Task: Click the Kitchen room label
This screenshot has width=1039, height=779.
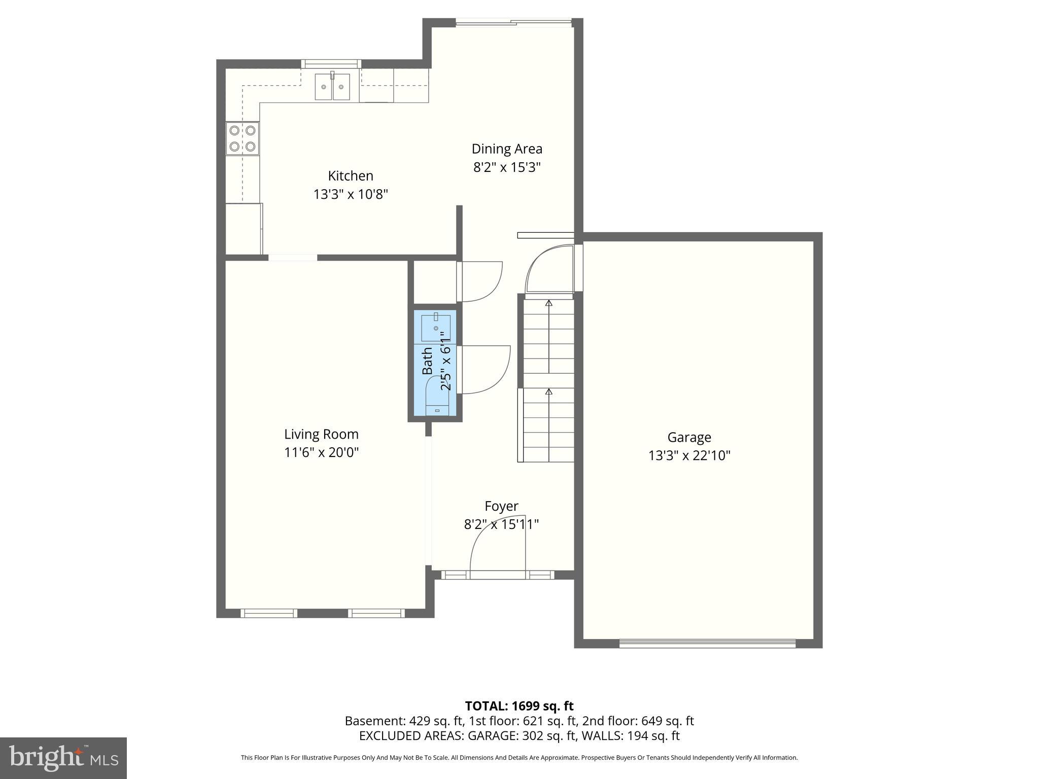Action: [350, 176]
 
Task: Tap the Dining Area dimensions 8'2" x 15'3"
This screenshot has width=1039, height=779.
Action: [507, 167]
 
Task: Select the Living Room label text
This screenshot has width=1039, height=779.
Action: [321, 434]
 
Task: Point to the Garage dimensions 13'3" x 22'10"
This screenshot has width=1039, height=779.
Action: [689, 455]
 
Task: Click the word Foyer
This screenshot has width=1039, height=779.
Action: [501, 506]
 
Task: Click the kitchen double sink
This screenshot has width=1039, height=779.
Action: [332, 87]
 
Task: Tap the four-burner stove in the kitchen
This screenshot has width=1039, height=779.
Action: [243, 138]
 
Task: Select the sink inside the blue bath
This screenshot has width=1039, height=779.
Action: [436, 328]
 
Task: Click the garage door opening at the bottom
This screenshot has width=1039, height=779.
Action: [707, 643]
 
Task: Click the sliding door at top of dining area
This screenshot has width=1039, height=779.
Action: [513, 22]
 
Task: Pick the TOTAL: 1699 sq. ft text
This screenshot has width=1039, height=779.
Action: [519, 706]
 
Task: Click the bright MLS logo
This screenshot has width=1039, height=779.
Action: [63, 758]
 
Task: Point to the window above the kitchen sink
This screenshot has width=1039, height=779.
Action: [331, 63]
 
